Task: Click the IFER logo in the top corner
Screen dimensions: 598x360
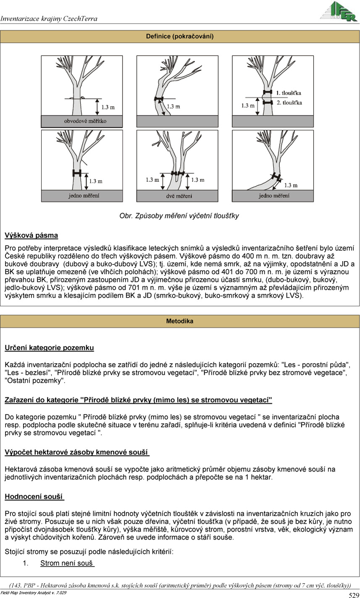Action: click(339, 11)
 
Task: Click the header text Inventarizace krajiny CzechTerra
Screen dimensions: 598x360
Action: click(49, 19)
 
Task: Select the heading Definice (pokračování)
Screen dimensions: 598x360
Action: click(180, 37)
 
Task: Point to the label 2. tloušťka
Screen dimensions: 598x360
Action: click(289, 102)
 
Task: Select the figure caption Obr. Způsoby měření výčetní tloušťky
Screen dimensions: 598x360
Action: click(179, 216)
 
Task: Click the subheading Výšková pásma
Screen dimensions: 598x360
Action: click(31, 235)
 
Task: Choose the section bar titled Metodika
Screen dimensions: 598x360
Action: click(180, 321)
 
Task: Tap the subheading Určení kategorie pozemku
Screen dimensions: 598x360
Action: click(49, 348)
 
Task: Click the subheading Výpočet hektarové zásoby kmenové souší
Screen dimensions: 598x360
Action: click(77, 452)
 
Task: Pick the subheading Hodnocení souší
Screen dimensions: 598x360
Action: click(34, 497)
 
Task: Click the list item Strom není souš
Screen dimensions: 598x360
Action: click(67, 563)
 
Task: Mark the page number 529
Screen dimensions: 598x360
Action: click(354, 595)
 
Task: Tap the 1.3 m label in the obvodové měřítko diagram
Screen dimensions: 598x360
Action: click(108, 108)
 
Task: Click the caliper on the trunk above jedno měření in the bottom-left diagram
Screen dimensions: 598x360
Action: click(76, 173)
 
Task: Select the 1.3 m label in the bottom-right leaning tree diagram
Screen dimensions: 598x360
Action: click(291, 185)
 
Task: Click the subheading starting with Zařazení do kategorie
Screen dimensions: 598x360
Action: click(138, 400)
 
